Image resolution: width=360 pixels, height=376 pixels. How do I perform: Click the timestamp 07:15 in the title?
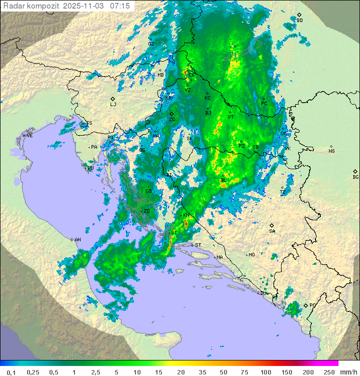click(120, 6)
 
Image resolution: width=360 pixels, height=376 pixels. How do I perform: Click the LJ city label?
click(113, 105)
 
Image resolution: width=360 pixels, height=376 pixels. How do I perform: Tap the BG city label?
click(355, 177)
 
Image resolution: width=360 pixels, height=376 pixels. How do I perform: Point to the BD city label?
click(299, 21)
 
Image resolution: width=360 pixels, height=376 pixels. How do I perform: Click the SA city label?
click(272, 231)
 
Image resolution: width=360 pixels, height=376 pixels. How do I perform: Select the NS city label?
click(331, 151)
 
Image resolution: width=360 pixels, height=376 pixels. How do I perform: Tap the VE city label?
click(29, 136)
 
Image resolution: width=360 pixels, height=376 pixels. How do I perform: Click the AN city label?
click(77, 240)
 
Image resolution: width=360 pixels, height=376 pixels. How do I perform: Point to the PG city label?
click(312, 305)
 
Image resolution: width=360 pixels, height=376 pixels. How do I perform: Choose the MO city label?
click(251, 255)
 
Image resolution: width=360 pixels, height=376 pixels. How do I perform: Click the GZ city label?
click(151, 44)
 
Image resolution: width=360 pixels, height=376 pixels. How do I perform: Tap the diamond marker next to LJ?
click(113, 99)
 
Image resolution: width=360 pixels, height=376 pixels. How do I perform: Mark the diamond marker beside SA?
click(271, 226)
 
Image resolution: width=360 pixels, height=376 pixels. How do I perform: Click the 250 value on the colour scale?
click(328, 372)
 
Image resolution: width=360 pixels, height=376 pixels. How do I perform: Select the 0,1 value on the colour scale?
click(11, 372)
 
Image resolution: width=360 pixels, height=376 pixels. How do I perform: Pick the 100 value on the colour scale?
click(265, 372)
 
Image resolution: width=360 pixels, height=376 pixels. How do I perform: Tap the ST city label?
click(197, 245)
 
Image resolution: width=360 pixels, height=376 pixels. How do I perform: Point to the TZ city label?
click(282, 192)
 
